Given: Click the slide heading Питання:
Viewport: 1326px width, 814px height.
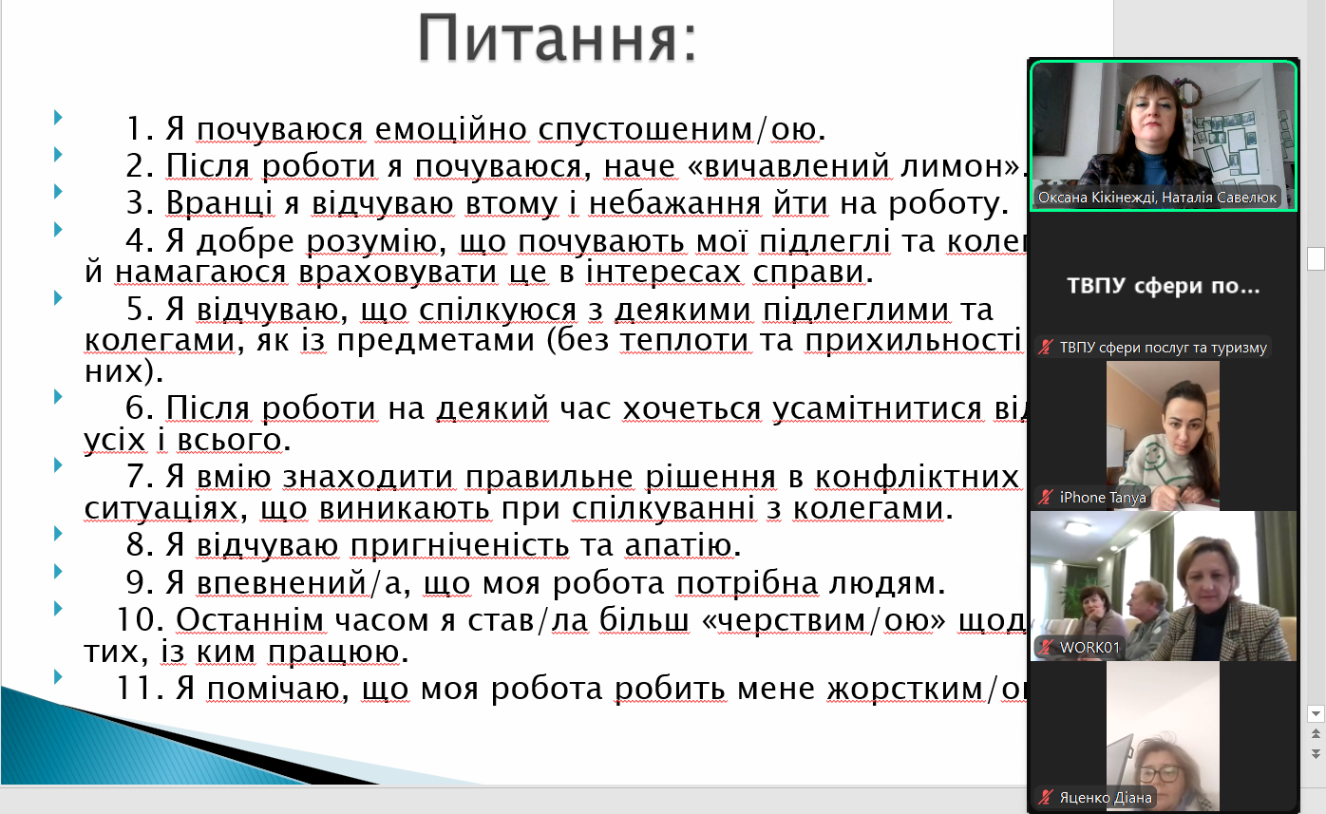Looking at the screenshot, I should pos(558,40).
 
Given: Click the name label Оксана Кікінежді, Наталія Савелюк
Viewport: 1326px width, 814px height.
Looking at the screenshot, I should pos(1157,198).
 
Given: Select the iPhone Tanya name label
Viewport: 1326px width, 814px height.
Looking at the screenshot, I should pos(1103,497).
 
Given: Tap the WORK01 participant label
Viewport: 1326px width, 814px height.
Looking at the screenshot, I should pos(1089,648).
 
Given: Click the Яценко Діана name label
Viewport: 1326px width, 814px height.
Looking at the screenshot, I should pos(1105,798).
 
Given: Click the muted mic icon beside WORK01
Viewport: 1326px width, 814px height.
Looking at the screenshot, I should pos(1046,648).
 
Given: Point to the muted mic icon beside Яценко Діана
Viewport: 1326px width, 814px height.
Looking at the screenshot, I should pos(1046,798).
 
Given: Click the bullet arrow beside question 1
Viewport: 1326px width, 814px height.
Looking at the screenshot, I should pos(59,118).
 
